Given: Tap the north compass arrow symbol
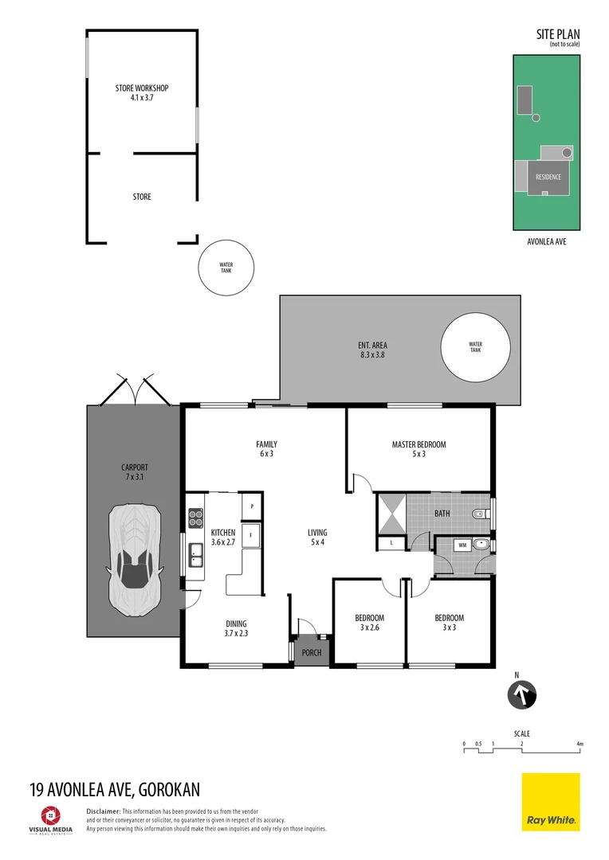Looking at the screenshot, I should click(x=523, y=695).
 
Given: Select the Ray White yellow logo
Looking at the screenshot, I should click(x=550, y=802).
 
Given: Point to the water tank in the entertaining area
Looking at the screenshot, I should click(x=475, y=347).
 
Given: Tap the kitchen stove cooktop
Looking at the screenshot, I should click(x=196, y=518).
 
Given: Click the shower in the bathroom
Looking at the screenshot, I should click(x=391, y=514).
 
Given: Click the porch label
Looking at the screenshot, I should click(x=312, y=653).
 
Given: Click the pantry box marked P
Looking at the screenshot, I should click(x=252, y=506).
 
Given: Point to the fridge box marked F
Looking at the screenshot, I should click(x=252, y=535).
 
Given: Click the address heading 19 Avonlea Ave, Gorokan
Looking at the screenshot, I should click(x=114, y=789).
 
